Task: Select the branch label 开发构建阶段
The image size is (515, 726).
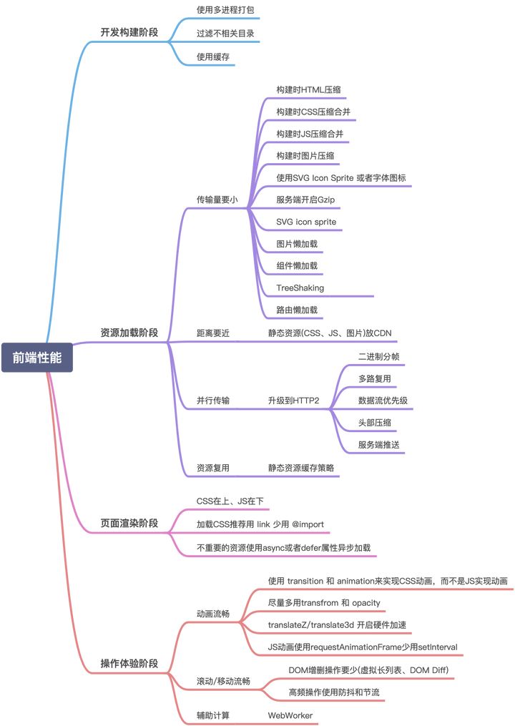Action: [x=129, y=33]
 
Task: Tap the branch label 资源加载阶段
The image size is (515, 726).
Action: [x=129, y=333]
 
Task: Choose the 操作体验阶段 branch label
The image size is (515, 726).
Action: [x=129, y=663]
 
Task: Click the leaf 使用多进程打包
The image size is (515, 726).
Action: [x=225, y=11]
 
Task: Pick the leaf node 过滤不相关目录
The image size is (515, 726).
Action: [x=225, y=33]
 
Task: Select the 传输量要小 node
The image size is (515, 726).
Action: [x=217, y=200]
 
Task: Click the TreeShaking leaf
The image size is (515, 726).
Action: [x=300, y=288]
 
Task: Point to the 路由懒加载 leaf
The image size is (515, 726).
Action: [x=297, y=310]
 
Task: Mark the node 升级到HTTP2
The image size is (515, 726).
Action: [x=293, y=400]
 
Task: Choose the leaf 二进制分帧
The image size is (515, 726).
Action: [x=378, y=355]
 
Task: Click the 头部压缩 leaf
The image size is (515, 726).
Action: [x=374, y=422]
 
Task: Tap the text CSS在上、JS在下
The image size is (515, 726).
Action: [x=230, y=501]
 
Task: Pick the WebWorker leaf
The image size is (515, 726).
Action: [x=290, y=715]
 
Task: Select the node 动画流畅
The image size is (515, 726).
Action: [x=212, y=613]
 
